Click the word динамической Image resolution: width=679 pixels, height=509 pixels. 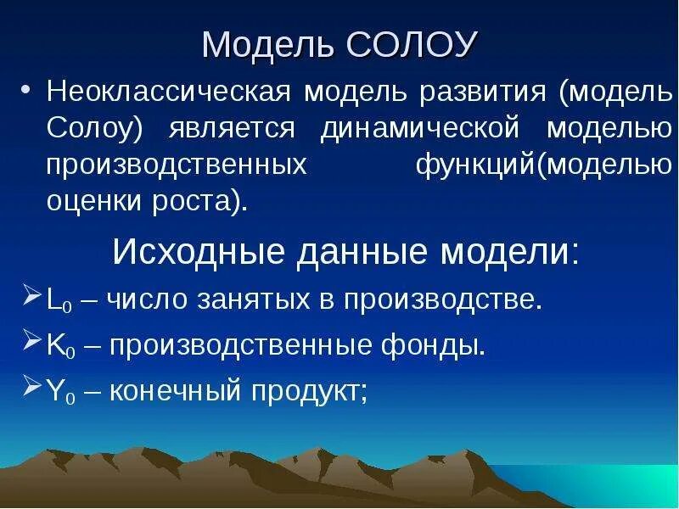tap(419, 129)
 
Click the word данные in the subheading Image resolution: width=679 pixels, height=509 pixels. tap(349, 251)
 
